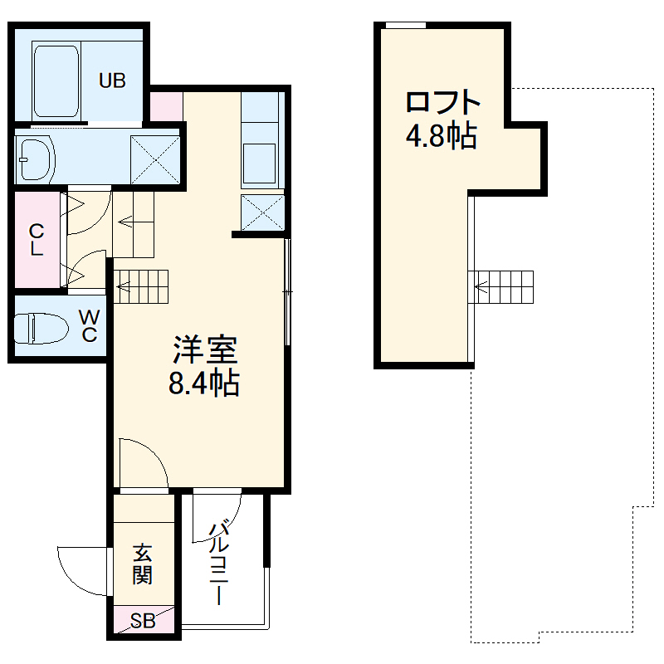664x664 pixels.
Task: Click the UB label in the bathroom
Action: point(113,81)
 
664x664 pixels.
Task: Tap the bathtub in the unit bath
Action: point(56,81)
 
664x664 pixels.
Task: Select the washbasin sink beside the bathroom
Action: point(36,158)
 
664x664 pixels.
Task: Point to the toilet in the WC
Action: point(41,327)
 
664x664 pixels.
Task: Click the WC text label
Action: point(89,326)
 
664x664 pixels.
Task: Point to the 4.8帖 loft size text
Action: point(442,134)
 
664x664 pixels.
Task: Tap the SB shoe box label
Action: point(143,622)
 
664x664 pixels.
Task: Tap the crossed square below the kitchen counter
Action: point(262,212)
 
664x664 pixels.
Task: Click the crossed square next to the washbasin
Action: point(155,158)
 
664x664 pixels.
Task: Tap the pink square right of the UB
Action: point(166,105)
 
